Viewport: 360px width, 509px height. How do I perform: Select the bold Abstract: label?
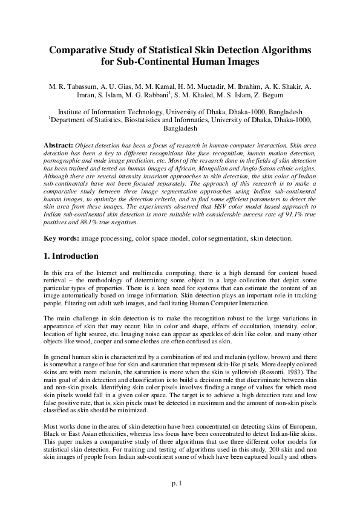pos(59,146)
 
